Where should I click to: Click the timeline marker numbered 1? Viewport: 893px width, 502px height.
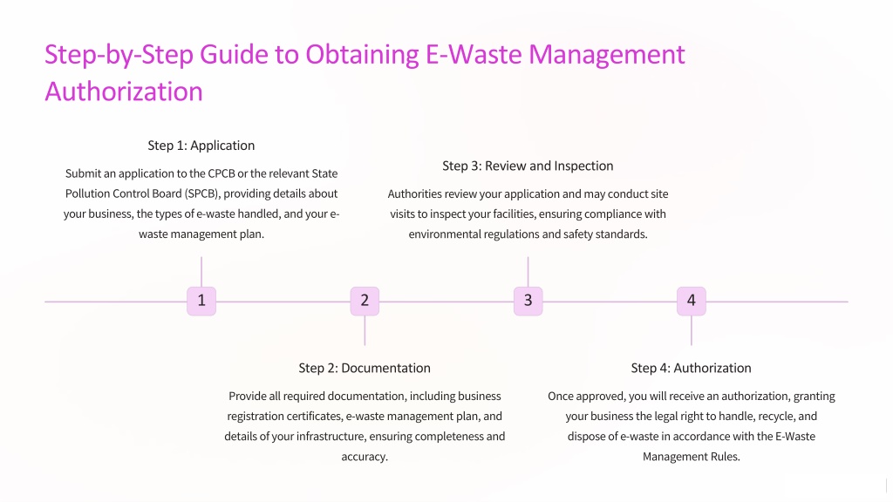pos(201,301)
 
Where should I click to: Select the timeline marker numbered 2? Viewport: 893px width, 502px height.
pos(365,301)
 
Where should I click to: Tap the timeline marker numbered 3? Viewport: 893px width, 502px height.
pos(528,301)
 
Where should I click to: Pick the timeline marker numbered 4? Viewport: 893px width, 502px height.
pos(692,301)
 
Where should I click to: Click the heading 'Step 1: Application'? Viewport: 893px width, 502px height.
pos(201,146)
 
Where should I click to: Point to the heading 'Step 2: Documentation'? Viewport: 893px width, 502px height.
pos(365,369)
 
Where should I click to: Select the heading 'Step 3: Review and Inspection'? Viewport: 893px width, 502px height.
pos(528,166)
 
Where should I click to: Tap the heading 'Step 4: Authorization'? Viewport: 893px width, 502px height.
pos(692,369)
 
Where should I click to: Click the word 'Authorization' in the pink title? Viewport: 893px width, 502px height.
pos(124,92)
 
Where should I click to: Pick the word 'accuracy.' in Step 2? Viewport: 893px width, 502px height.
pos(365,457)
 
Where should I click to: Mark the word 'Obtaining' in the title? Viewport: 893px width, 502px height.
pos(362,55)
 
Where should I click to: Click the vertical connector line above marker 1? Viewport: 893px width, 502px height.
pos(201,272)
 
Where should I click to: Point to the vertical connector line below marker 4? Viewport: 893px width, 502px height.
pos(692,330)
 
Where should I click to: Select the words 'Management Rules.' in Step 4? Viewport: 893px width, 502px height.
pos(692,457)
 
